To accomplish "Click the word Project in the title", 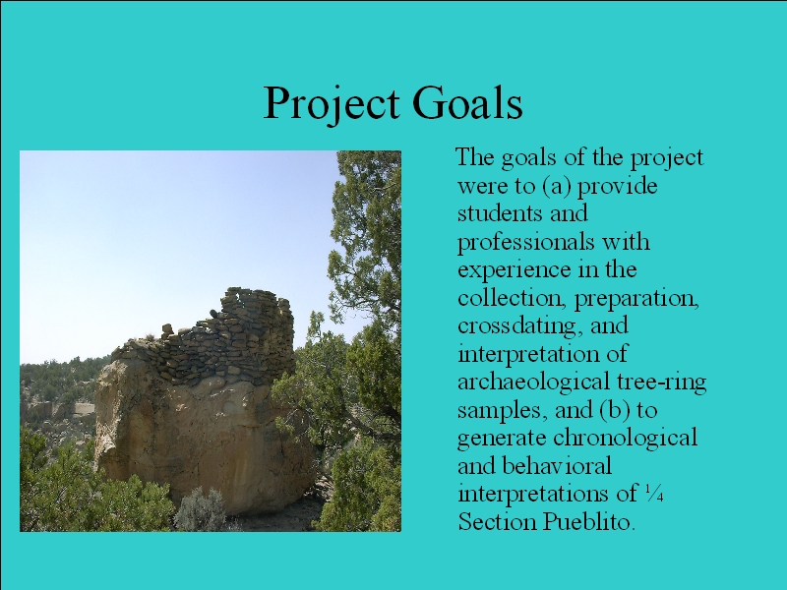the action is [x=332, y=104].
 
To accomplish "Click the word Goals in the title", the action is [x=468, y=102].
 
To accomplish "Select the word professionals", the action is [x=525, y=242].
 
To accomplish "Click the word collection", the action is [x=510, y=298].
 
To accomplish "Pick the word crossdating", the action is [x=520, y=326].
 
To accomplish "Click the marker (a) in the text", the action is [x=557, y=186].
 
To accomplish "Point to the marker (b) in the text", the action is [x=615, y=410].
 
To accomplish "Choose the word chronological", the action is [x=625, y=438].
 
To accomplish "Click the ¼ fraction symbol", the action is [x=654, y=494].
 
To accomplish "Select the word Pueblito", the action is [x=589, y=522].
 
